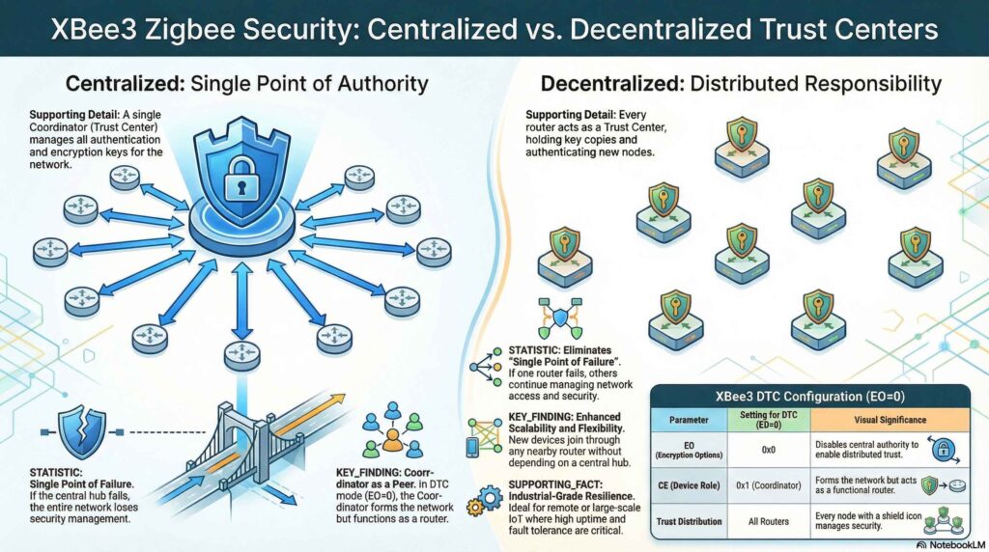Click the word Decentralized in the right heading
point(609,83)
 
